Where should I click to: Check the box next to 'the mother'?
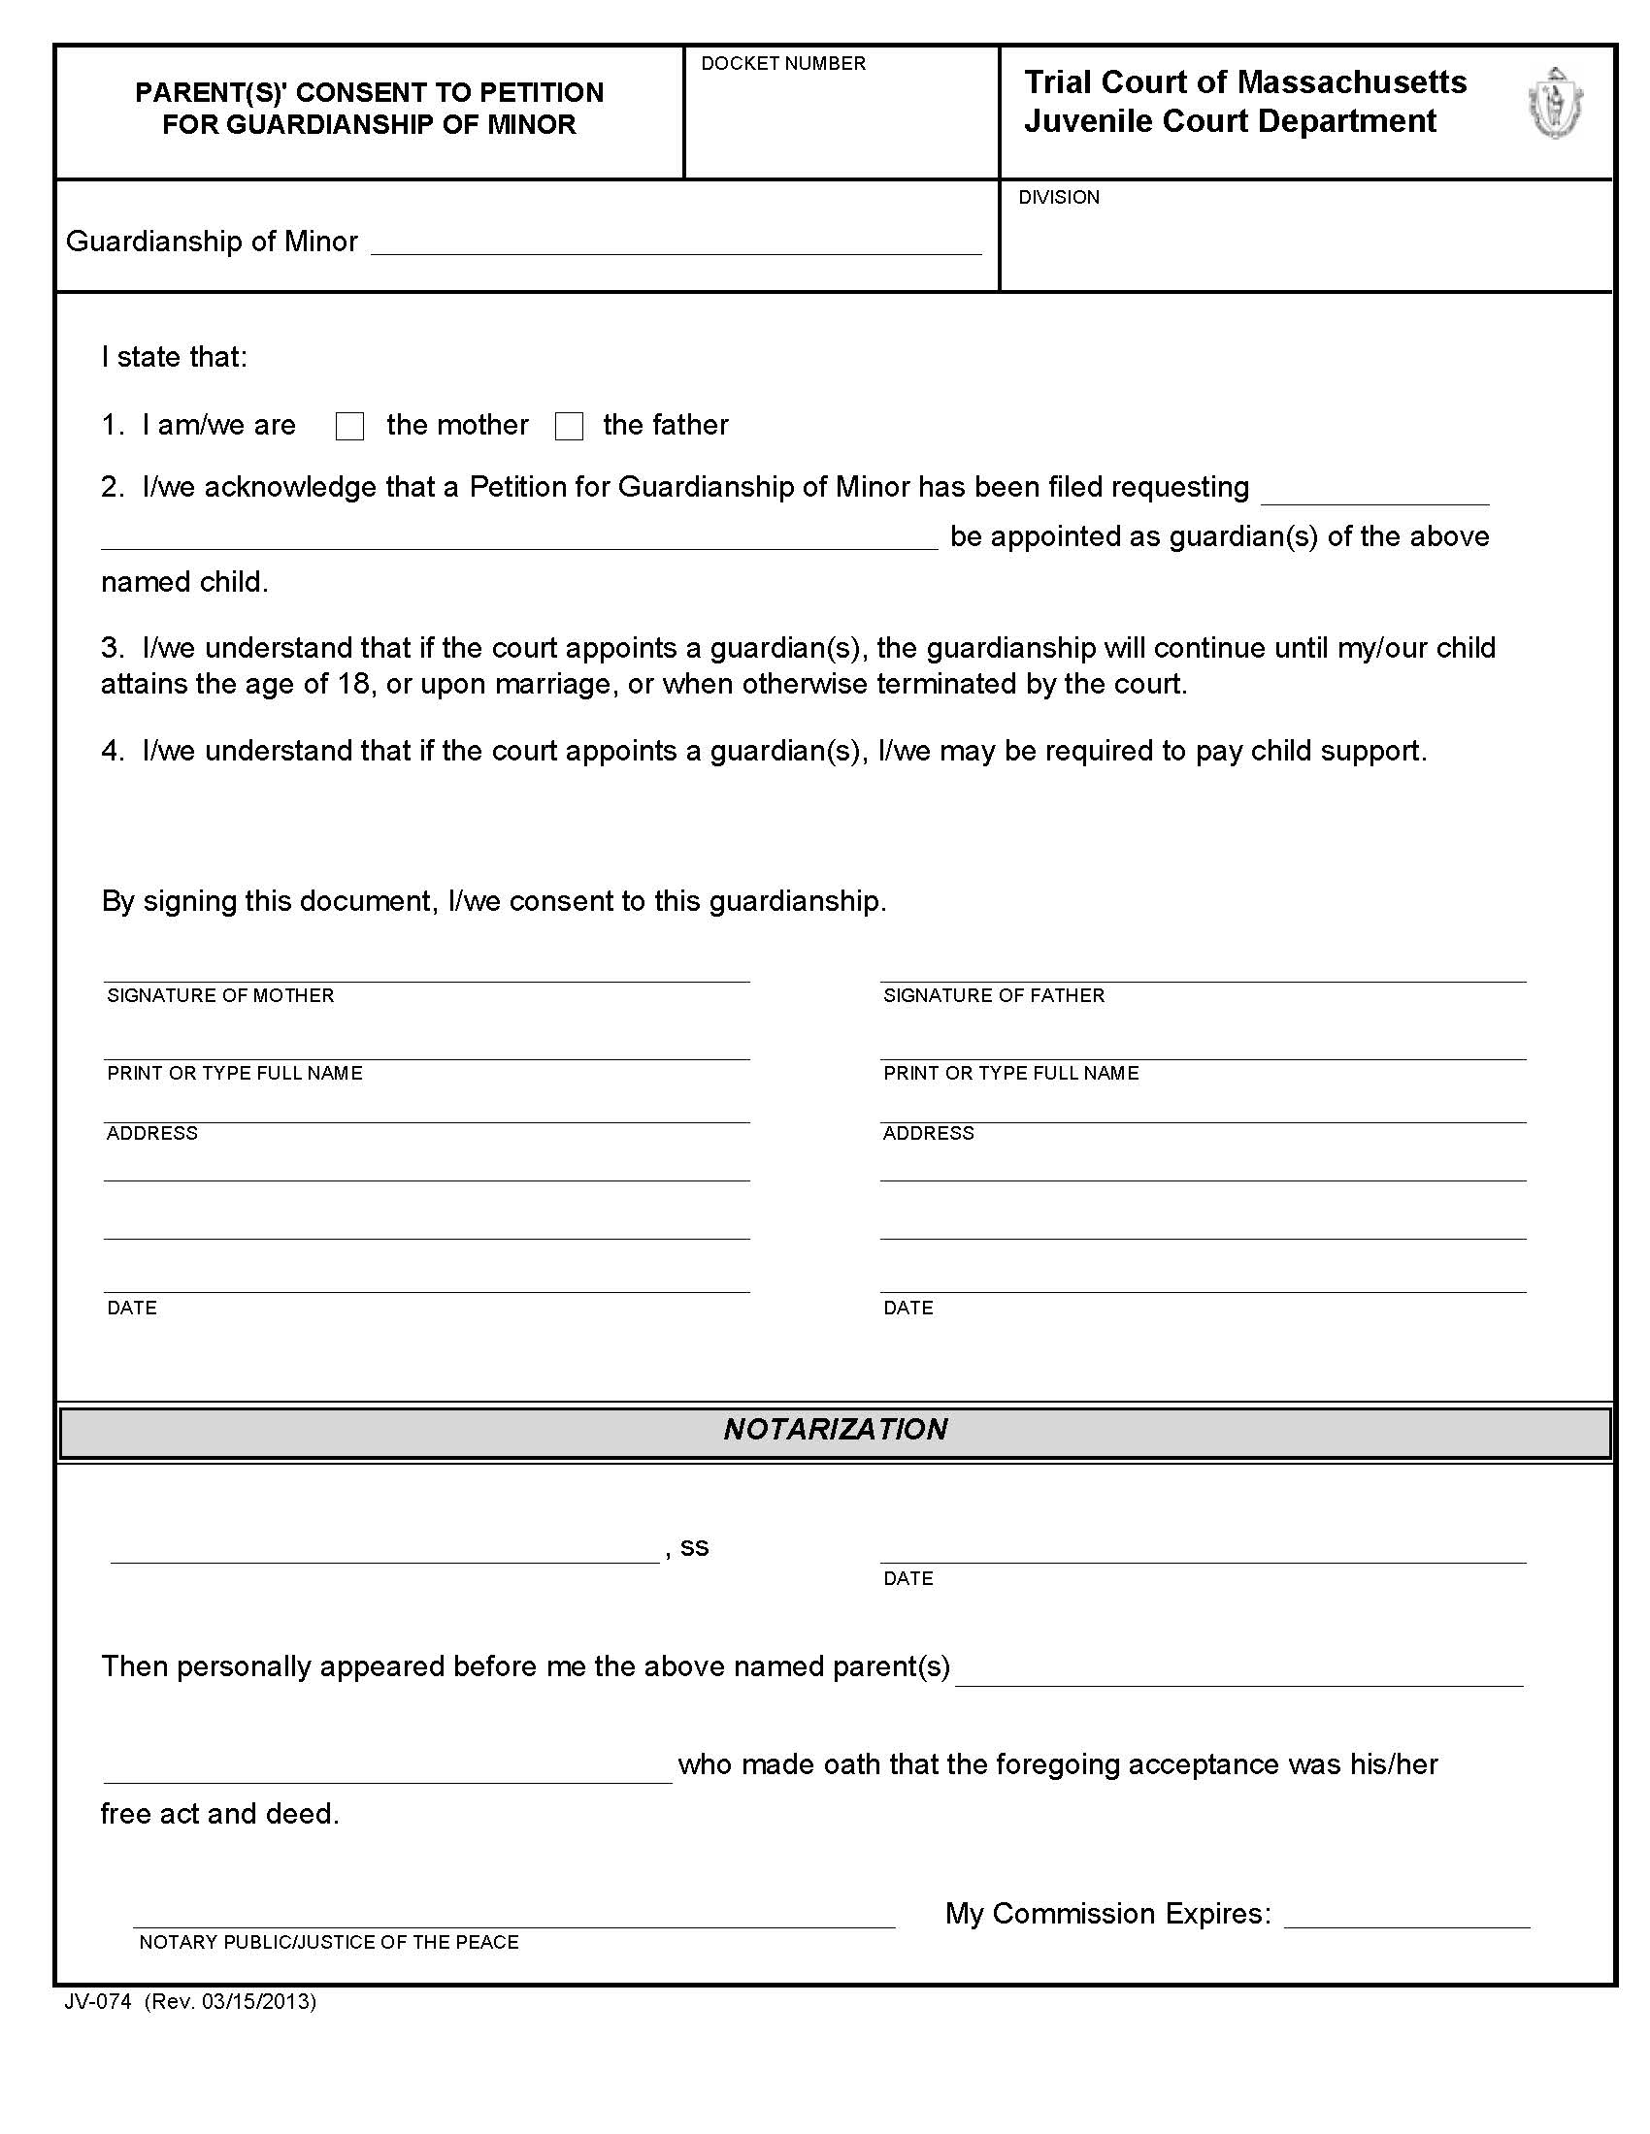pyautogui.click(x=349, y=426)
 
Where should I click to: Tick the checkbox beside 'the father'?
pyautogui.click(x=569, y=426)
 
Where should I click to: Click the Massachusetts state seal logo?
pyautogui.click(x=1555, y=103)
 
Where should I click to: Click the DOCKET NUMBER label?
pyautogui.click(x=783, y=63)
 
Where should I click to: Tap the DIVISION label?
pyautogui.click(x=1059, y=197)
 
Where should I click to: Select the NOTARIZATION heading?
pyautogui.click(x=835, y=1430)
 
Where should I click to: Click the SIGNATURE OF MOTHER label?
pyautogui.click(x=220, y=995)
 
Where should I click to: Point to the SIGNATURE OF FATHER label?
pyautogui.click(x=993, y=995)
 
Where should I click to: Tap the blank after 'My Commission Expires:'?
pyautogui.click(x=1405, y=1915)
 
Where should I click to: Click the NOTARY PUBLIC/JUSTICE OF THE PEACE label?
pyautogui.click(x=328, y=1942)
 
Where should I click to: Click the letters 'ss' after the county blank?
pyautogui.click(x=694, y=1547)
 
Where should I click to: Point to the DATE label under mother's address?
pyautogui.click(x=132, y=1309)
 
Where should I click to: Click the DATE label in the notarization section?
pyautogui.click(x=908, y=1578)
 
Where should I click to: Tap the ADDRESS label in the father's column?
pyautogui.click(x=928, y=1133)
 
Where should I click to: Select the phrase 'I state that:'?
pyautogui.click(x=174, y=357)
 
